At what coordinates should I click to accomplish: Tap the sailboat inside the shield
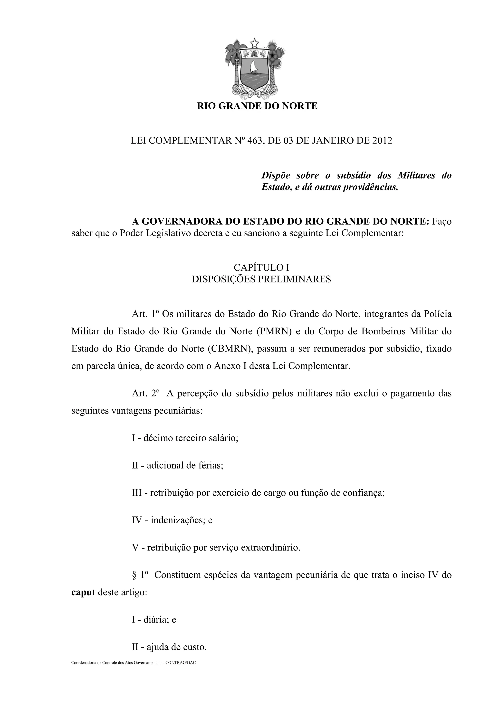(254, 67)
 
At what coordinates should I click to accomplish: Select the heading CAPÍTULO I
(261, 267)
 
